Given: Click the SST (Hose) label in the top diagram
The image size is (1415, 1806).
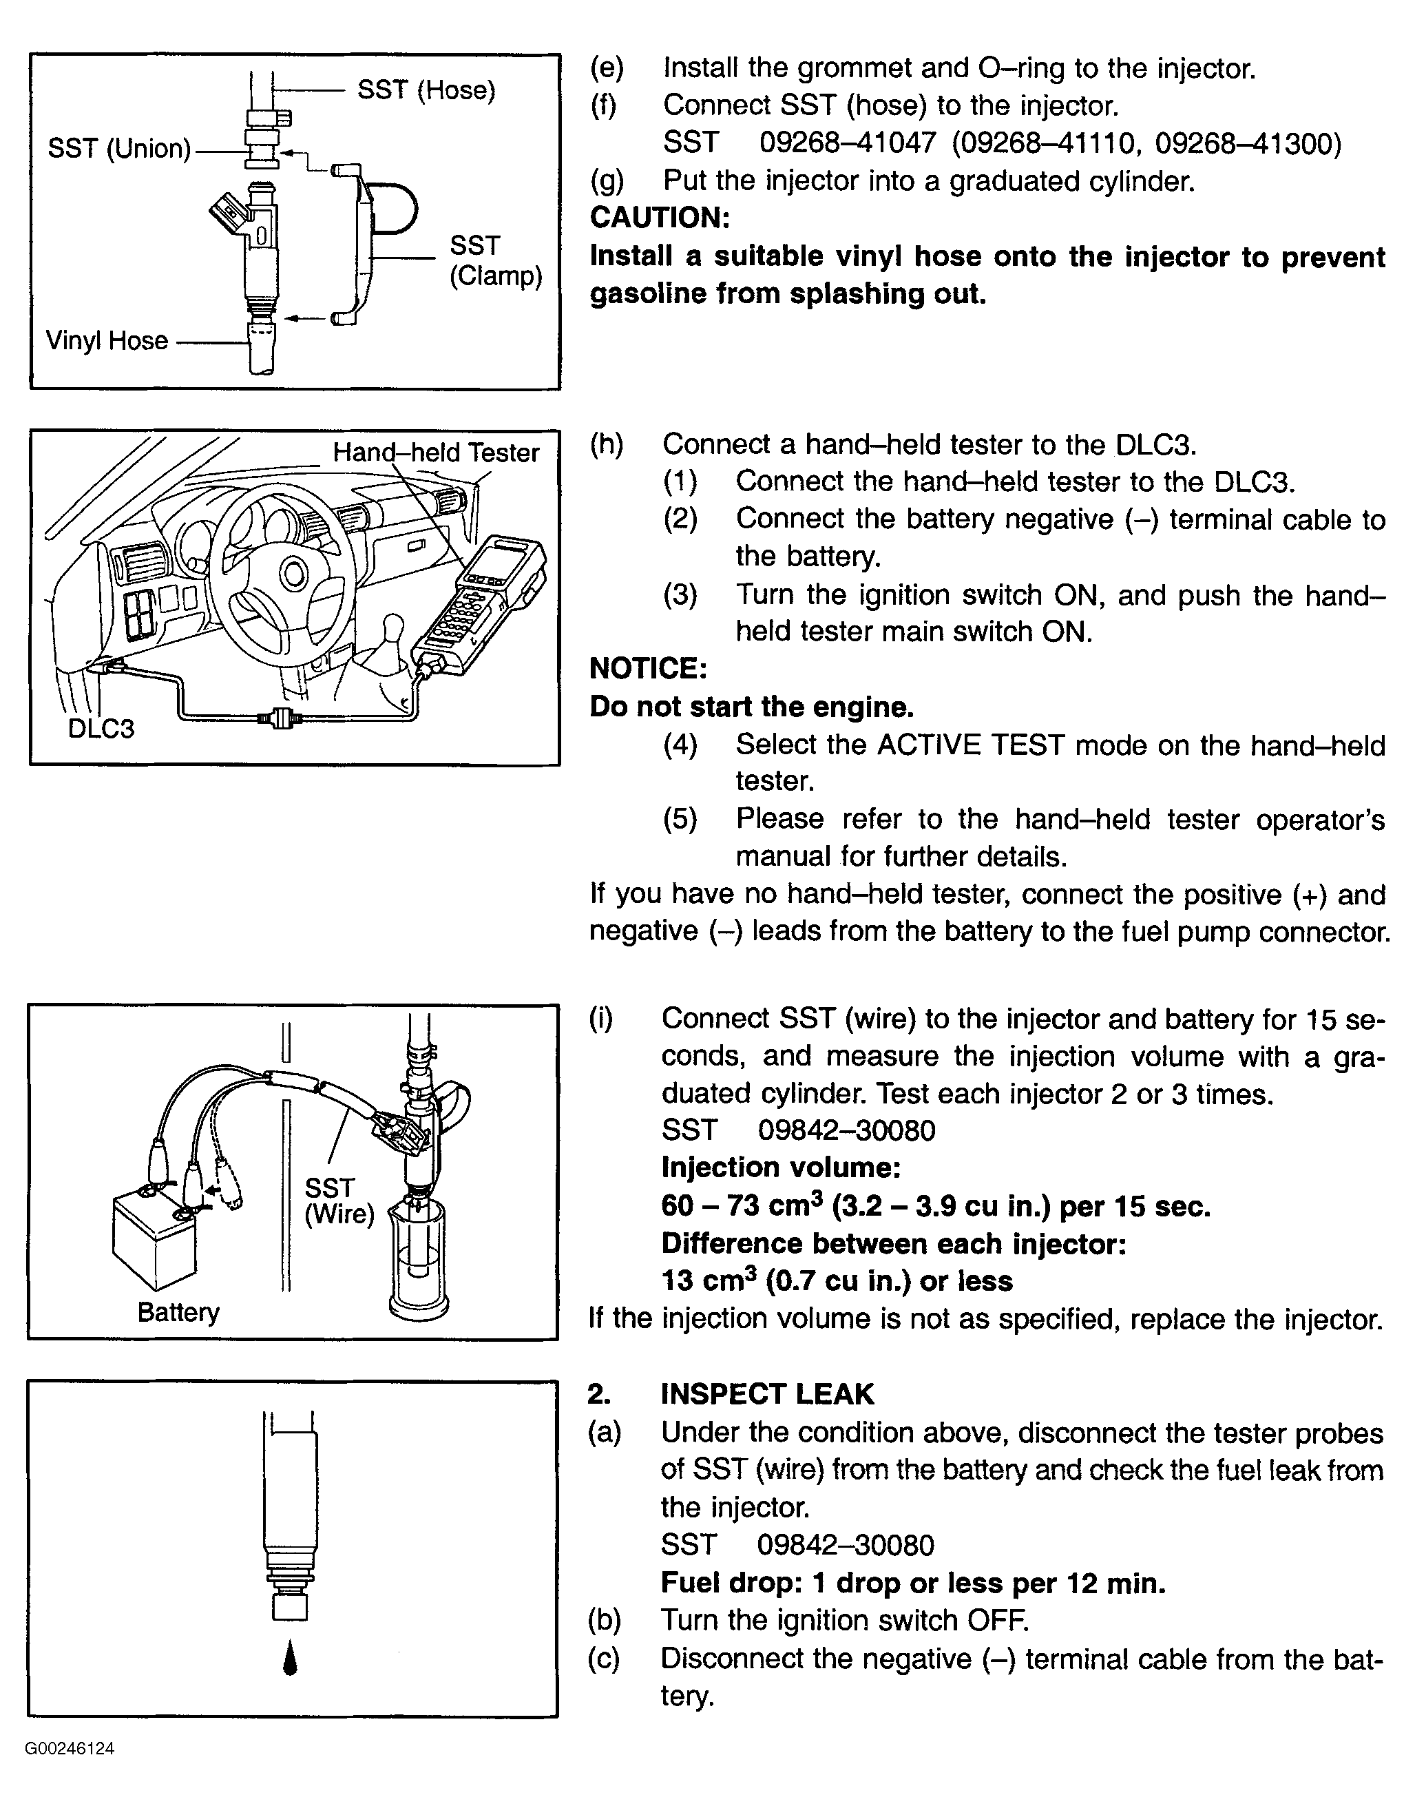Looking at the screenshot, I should [426, 90].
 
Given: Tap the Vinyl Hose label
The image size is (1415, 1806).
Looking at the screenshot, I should [107, 341].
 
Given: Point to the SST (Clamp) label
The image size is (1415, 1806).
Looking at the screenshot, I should [495, 260].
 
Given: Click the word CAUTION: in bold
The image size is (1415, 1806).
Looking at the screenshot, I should [660, 218].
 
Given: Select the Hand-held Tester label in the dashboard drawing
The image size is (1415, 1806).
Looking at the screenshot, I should [436, 453].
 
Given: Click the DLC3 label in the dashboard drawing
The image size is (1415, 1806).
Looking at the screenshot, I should [101, 729].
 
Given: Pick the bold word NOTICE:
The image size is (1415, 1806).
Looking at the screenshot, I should [648, 668].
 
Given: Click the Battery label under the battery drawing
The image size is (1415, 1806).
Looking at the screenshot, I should [178, 1312].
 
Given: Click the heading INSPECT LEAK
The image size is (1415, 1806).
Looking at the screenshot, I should [767, 1394].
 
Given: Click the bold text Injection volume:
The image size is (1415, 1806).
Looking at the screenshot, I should [780, 1167].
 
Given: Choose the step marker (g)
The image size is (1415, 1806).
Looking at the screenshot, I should [607, 180].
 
